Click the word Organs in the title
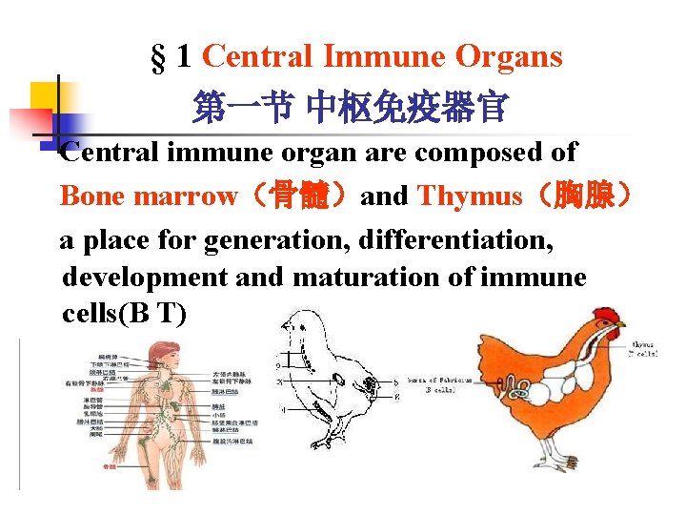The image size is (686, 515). coord(511,57)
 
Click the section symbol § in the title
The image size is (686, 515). coord(158,58)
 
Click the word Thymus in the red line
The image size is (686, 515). coord(470,196)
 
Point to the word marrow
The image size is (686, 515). coord(187,196)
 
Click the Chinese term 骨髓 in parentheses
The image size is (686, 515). coord(295,196)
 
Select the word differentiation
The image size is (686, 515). coord(456,240)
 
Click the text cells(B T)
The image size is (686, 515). coord(124,314)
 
